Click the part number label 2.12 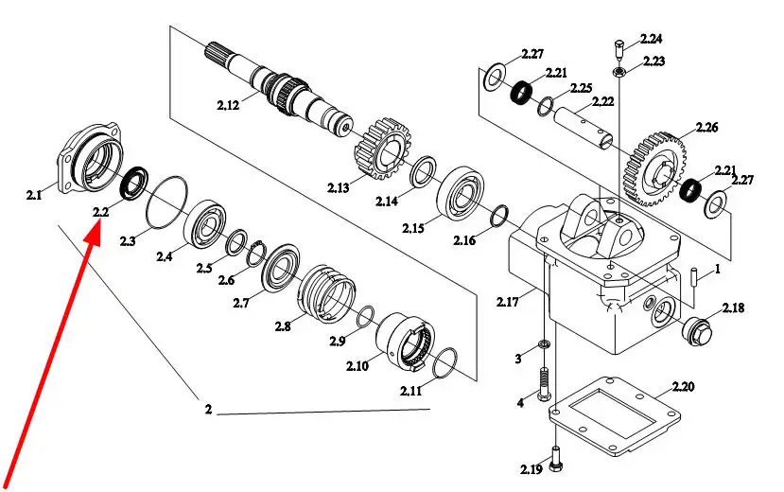[x=228, y=105]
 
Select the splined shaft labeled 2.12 [x=279, y=89]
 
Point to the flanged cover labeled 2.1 [x=90, y=158]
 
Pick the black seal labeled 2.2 [x=134, y=182]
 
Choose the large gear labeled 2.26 [x=654, y=168]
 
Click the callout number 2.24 [x=652, y=39]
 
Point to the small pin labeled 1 [x=695, y=277]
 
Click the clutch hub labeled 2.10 [x=405, y=341]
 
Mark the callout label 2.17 [x=508, y=302]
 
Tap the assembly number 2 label [x=208, y=409]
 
